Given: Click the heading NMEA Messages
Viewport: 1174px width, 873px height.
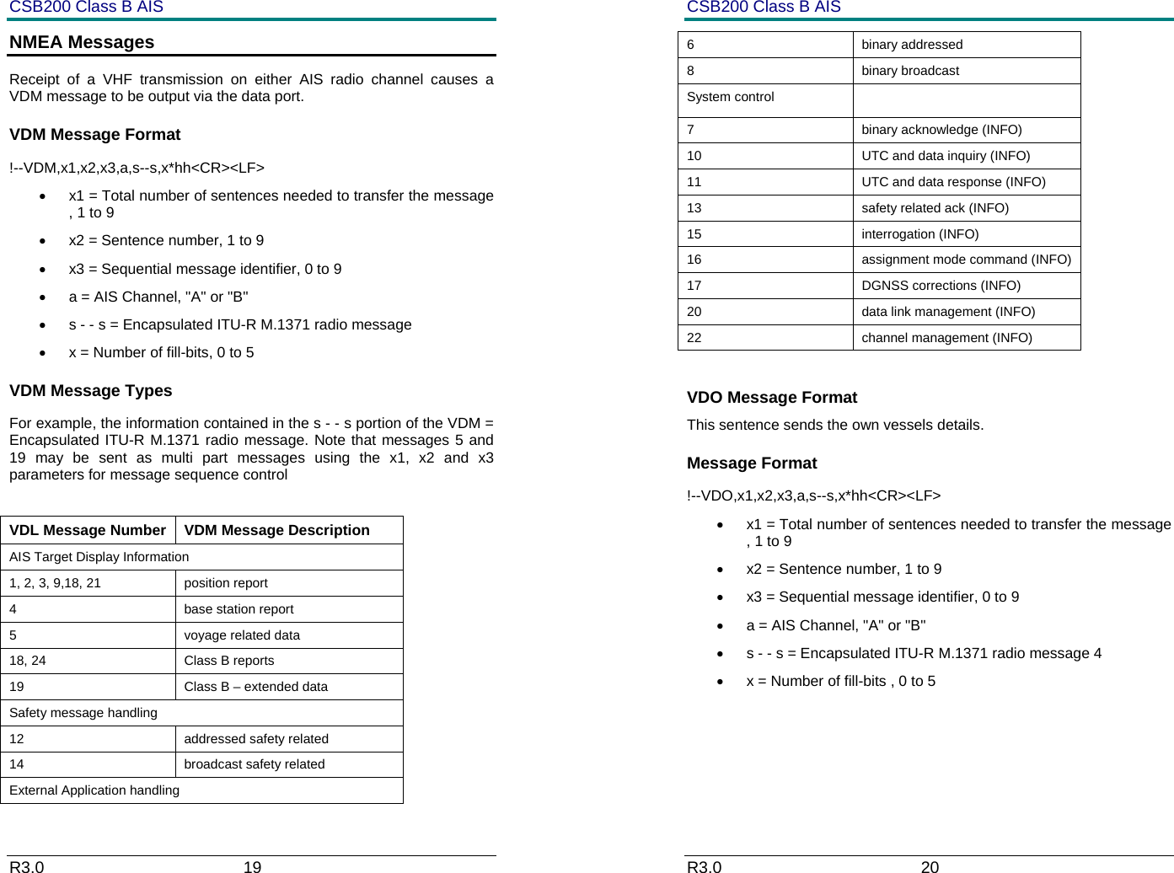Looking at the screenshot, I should coord(82,42).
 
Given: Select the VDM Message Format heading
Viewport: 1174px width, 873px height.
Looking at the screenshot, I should coord(94,135).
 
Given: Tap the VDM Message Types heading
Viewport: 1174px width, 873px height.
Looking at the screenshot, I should coord(90,391).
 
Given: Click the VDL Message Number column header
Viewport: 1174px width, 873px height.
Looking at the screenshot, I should coord(88,530).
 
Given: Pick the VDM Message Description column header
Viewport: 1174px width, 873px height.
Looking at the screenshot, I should coord(276,530).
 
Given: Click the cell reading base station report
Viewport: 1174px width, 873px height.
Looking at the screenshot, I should coord(239,609).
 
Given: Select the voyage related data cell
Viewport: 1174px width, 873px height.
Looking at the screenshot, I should coord(242,635).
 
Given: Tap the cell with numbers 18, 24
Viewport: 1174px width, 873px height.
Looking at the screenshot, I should coord(28,661).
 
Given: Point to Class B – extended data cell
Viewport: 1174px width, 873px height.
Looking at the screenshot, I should coord(255,687).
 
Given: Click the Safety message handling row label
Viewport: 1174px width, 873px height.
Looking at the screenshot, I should coord(83,713).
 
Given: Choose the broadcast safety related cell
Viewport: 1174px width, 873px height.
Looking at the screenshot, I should coord(254,764).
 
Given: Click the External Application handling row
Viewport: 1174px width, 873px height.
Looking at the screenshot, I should coord(94,790).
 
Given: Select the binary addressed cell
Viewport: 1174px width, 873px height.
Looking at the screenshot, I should coord(911,45).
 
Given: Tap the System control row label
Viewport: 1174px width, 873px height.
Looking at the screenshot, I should coord(730,97).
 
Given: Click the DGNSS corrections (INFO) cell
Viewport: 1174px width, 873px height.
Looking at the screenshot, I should coord(941,286).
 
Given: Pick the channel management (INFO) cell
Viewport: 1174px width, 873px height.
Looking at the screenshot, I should coord(946,338).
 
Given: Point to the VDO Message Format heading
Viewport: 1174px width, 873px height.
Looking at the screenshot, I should coord(771,398).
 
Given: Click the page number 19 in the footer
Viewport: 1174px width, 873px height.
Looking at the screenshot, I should coord(252,866).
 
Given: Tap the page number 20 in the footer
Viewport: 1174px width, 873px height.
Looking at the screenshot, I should coord(930,866).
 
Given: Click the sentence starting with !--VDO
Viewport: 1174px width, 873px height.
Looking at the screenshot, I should coord(813,495).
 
